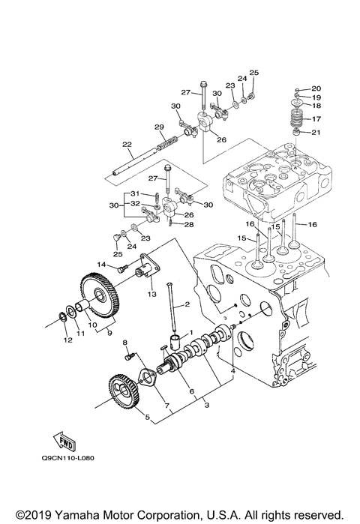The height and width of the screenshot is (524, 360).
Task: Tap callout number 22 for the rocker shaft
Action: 126,145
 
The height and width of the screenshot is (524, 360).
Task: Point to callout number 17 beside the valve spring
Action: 316,118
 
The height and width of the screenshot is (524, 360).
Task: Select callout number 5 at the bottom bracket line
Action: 148,417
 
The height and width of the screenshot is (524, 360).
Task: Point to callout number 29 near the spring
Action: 159,126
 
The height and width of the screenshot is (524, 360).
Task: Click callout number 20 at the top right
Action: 316,88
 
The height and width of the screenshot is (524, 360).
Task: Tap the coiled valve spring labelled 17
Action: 297,119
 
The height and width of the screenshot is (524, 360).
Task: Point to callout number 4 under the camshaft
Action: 233,371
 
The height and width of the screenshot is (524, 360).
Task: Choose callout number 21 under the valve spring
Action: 316,133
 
